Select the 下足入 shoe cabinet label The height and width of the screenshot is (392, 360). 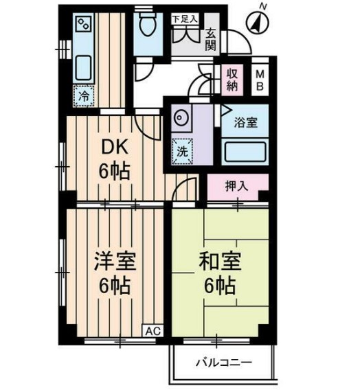click(x=184, y=19)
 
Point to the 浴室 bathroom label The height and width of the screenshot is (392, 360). click(x=246, y=123)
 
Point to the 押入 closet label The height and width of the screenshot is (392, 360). click(x=237, y=185)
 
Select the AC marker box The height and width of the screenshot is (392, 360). click(x=154, y=330)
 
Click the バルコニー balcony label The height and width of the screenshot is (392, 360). click(x=223, y=361)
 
